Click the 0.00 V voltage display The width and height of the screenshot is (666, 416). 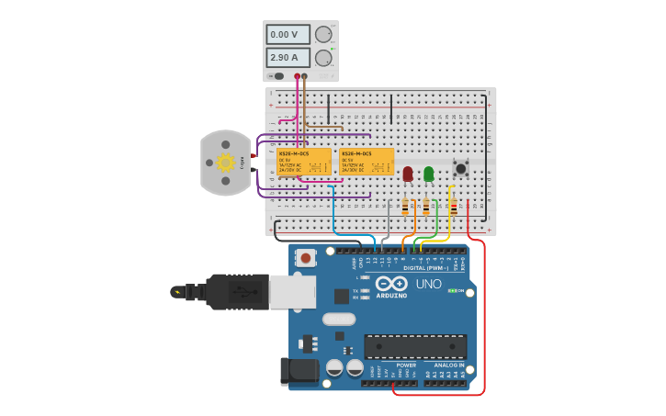[288, 34]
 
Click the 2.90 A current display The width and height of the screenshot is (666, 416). [288, 57]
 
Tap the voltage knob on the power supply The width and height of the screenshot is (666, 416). [323, 34]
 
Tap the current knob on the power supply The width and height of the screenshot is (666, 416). [323, 58]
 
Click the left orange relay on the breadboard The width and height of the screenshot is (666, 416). [304, 162]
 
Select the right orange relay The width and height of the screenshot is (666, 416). [367, 162]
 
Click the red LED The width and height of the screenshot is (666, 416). [408, 174]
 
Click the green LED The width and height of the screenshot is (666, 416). [428, 174]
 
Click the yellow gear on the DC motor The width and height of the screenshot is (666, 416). [225, 163]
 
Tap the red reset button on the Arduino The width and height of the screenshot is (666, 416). [306, 258]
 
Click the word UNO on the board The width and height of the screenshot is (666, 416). [428, 284]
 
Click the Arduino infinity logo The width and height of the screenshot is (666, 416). [391, 284]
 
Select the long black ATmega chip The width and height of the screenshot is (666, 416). [415, 346]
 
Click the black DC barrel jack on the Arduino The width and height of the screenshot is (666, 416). [299, 371]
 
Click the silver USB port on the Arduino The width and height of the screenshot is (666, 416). [292, 291]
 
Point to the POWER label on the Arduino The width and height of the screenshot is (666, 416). [406, 365]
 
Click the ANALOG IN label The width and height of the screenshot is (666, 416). [449, 365]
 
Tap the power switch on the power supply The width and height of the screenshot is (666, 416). [278, 76]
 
